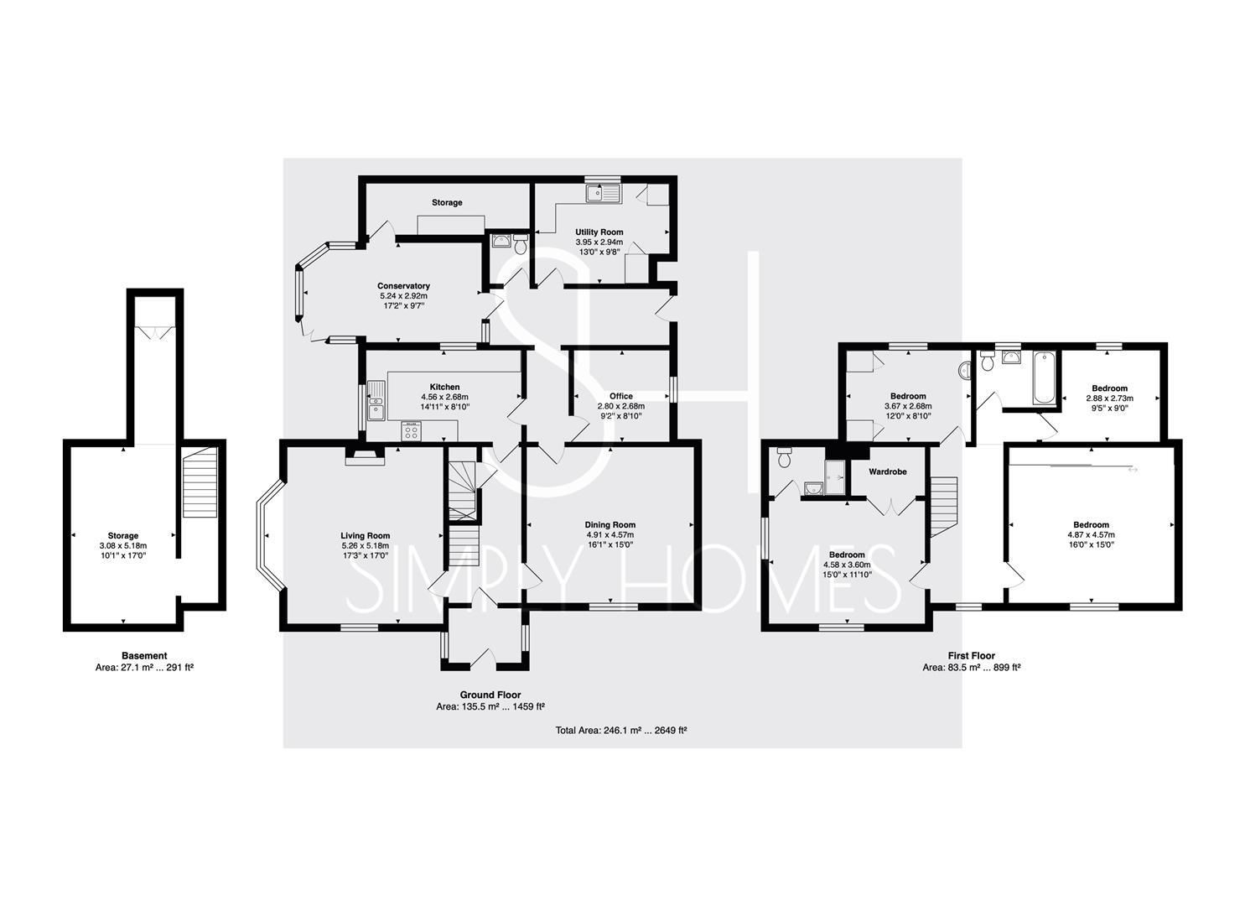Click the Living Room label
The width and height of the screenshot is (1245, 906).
tap(366, 535)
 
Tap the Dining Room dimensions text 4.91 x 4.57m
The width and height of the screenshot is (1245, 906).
tap(610, 534)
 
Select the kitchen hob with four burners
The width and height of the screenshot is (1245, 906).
tap(412, 431)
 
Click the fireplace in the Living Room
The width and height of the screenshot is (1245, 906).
tap(366, 456)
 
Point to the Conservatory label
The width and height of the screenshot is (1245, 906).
tap(403, 286)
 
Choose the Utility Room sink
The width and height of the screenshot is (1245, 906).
tap(603, 194)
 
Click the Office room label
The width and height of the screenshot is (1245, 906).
tap(621, 396)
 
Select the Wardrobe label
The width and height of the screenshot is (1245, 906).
tap(888, 471)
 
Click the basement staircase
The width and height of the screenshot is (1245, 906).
tap(200, 482)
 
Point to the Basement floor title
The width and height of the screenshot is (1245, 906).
tap(144, 656)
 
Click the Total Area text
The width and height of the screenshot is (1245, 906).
tap(621, 730)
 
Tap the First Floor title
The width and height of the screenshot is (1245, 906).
tap(972, 656)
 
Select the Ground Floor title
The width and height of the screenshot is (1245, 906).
tap(490, 695)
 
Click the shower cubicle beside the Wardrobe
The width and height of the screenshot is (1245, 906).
tap(835, 477)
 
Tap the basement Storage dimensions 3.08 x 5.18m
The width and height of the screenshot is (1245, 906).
tap(123, 545)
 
